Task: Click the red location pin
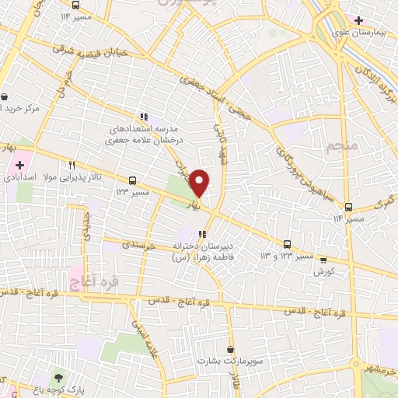pyautogui.click(x=200, y=182)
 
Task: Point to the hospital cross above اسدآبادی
pyautogui.click(x=19, y=165)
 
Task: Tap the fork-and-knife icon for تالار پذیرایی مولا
pyautogui.click(x=72, y=165)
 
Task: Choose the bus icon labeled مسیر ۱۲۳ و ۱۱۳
pyautogui.click(x=288, y=243)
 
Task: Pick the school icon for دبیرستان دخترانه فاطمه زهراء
pyautogui.click(x=201, y=234)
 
